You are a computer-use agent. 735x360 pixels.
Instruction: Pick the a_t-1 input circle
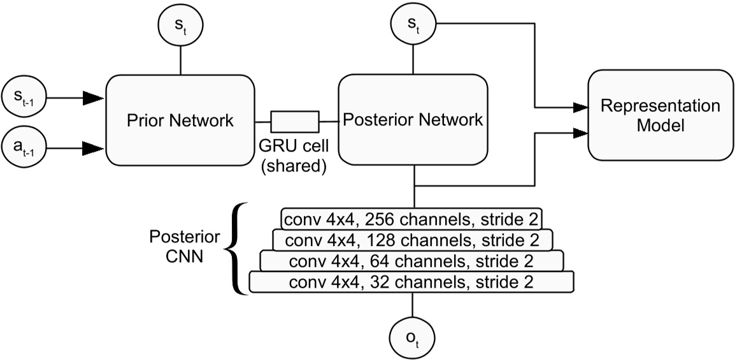pyautogui.click(x=24, y=148)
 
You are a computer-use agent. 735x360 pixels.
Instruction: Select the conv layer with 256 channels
pyautogui.click(x=412, y=219)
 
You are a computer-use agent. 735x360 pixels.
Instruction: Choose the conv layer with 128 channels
pyautogui.click(x=412, y=240)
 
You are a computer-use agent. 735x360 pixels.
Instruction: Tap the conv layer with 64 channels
pyautogui.click(x=412, y=261)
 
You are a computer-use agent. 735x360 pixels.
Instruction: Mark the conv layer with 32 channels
pyautogui.click(x=412, y=282)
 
